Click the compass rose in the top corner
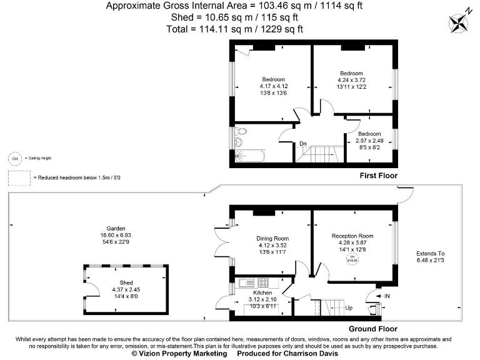(x=459, y=22)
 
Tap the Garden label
(x=116, y=228)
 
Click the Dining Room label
(x=272, y=238)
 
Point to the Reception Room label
(x=352, y=236)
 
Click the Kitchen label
(x=262, y=292)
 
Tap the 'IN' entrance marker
(x=387, y=295)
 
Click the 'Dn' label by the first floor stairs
(x=303, y=144)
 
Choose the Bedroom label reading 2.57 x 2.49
(x=369, y=134)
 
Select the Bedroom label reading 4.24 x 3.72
(x=351, y=73)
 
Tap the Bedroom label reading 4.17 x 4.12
(x=273, y=79)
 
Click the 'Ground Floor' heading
(x=372, y=329)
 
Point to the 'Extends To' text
(x=431, y=253)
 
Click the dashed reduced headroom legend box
(x=18, y=178)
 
